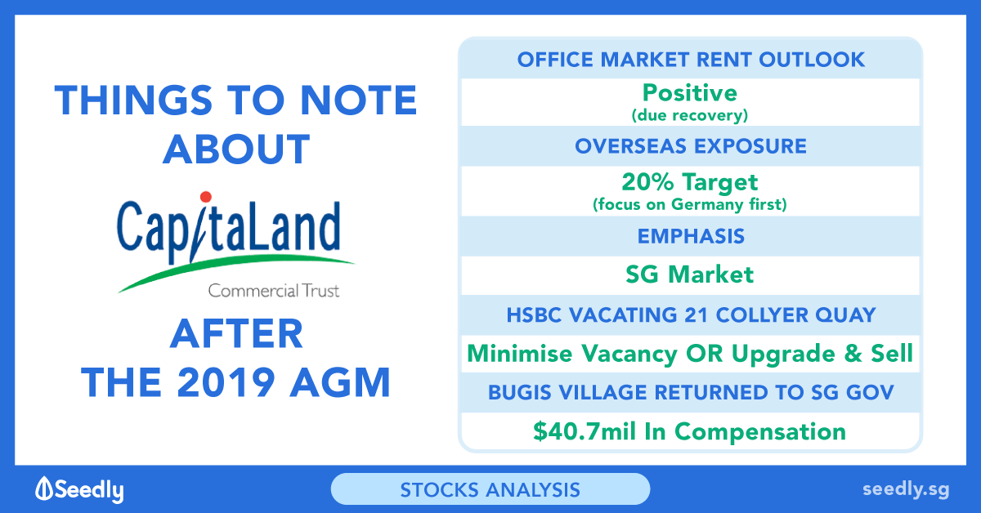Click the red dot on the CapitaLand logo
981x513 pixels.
click(x=206, y=197)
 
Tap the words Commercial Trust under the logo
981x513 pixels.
click(x=274, y=291)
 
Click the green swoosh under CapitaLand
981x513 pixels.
click(x=235, y=272)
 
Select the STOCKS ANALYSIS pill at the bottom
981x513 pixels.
click(x=490, y=489)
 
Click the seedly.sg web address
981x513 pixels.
click(x=906, y=490)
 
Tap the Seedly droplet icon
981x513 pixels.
click(x=44, y=488)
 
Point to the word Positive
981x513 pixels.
click(x=690, y=93)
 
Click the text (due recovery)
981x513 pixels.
click(x=690, y=115)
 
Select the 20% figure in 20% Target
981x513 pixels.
click(x=647, y=181)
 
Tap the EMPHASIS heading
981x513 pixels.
click(x=691, y=236)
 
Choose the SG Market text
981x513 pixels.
click(x=690, y=275)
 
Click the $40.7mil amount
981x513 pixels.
click(x=585, y=431)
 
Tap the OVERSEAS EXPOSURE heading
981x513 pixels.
click(x=691, y=146)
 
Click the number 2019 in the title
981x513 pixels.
click(x=226, y=382)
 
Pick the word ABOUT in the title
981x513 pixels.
click(x=236, y=149)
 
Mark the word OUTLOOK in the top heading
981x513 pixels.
click(x=812, y=60)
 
